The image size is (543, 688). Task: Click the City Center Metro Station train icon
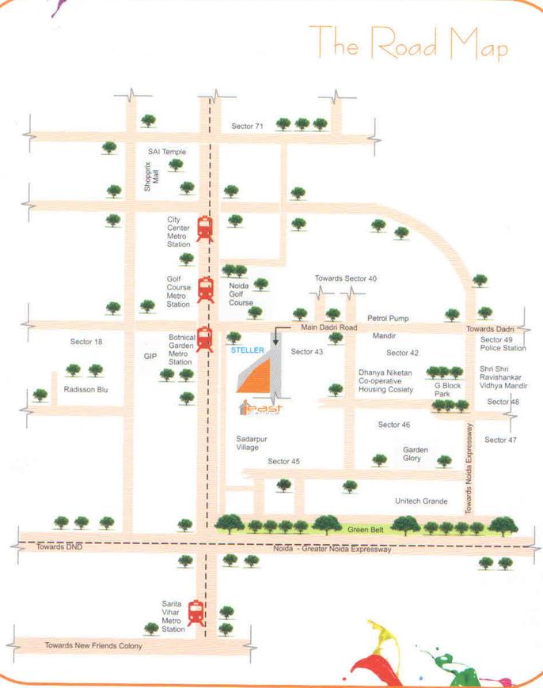[205, 229]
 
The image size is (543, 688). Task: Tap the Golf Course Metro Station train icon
[206, 290]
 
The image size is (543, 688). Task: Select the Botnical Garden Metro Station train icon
[205, 339]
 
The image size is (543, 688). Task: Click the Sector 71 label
[247, 127]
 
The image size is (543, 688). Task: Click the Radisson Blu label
[86, 390]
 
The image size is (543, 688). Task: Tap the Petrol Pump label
[387, 318]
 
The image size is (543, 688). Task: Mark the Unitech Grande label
[421, 501]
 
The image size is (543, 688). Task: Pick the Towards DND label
[58, 546]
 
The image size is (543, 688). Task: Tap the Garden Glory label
[416, 454]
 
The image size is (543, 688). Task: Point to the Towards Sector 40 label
[346, 278]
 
